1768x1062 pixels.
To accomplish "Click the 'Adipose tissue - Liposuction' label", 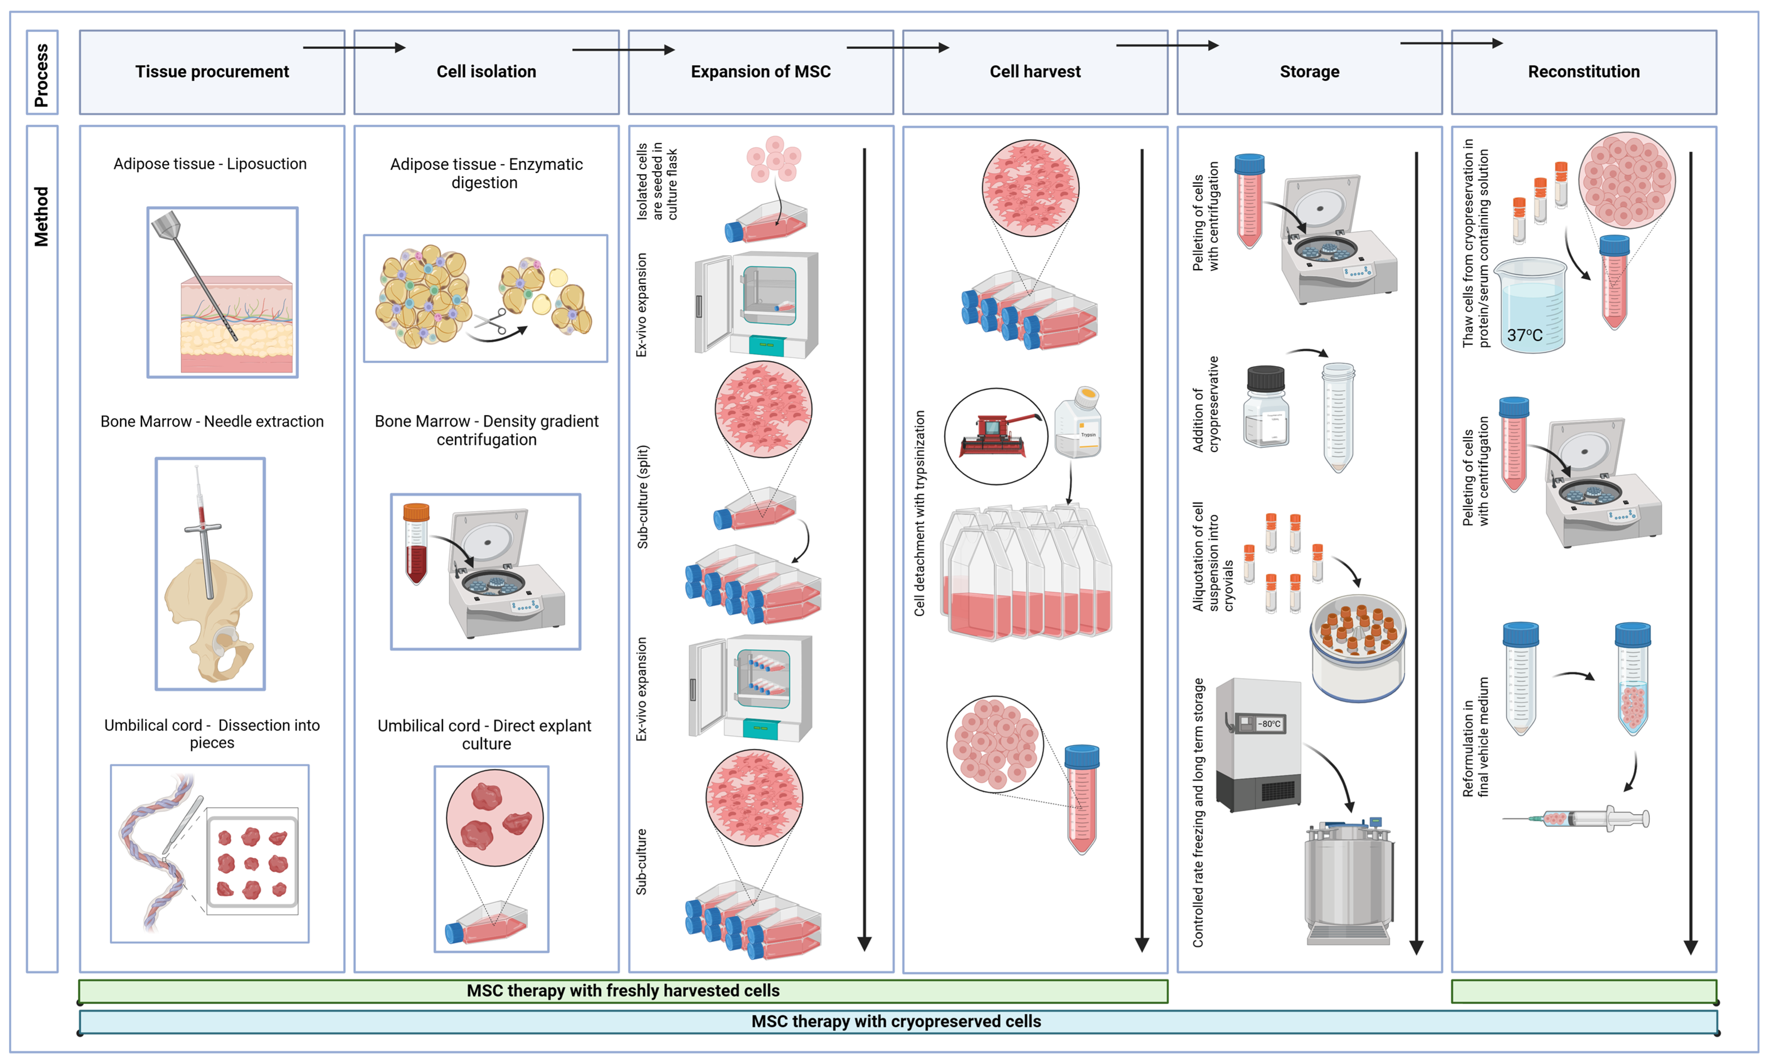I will [x=210, y=164].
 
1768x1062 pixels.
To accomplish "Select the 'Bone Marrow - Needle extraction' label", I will [x=212, y=422].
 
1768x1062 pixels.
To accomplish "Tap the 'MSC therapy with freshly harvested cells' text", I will [x=623, y=991].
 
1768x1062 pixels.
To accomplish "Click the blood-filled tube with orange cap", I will [x=416, y=544].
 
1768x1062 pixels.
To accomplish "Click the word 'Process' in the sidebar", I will [x=41, y=74].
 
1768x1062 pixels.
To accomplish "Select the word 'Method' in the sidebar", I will [x=41, y=217].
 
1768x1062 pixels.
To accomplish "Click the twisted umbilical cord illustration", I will [x=154, y=852].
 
